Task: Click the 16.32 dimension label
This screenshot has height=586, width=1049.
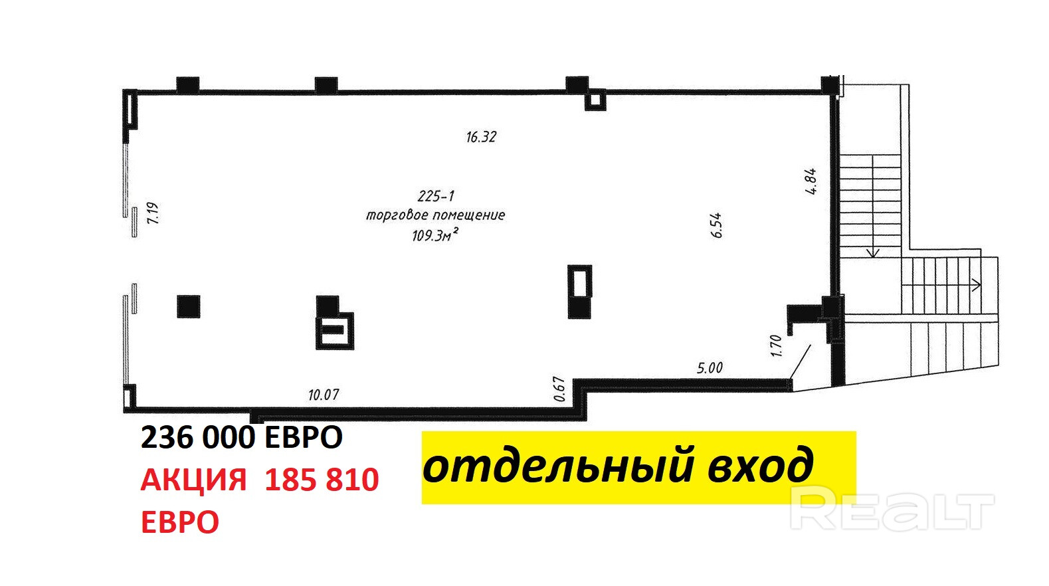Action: coord(481,137)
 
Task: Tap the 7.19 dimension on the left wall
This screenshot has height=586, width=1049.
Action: coord(153,213)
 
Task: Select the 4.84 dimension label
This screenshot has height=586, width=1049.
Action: coord(811,181)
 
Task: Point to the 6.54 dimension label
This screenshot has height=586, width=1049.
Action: coord(715,225)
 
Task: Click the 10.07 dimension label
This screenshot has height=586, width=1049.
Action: coord(324,395)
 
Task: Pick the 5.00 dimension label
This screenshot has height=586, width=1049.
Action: coord(710,367)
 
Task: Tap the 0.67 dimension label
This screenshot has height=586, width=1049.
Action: coord(559,389)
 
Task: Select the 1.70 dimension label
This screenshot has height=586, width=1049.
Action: coord(776,345)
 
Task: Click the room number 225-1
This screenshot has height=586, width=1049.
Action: coord(436,196)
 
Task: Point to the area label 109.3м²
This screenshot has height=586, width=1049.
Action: coord(435,235)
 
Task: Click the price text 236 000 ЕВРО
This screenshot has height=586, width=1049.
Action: coord(242,437)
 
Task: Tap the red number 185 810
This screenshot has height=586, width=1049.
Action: coord(322,480)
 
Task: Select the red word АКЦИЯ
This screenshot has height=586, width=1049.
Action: coord(193,480)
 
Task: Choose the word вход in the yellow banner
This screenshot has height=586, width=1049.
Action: coord(760,465)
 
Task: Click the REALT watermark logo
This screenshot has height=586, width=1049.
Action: coord(892,508)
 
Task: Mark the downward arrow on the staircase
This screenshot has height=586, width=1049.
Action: coord(872,252)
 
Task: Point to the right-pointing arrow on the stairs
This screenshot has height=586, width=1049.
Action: coord(975,285)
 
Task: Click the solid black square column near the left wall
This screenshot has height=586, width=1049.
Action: coord(189,306)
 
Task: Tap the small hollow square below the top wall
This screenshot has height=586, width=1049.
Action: coord(595,100)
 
